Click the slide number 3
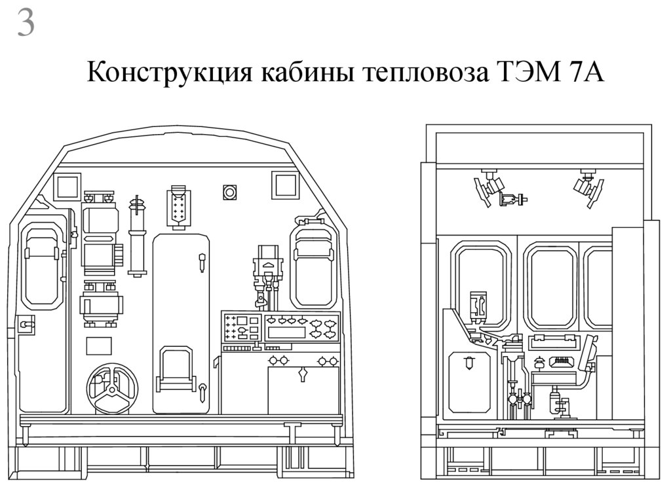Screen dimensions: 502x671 pyautogui.click(x=26, y=24)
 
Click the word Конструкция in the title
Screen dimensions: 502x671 pyautogui.click(x=170, y=73)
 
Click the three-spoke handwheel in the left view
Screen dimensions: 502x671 pyautogui.click(x=112, y=389)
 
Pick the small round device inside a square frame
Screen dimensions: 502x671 pyautogui.click(x=230, y=192)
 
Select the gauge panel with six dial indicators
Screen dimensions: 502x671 pyautogui.click(x=301, y=326)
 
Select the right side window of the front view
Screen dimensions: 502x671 pyautogui.click(x=313, y=265)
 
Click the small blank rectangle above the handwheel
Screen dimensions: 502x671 pyautogui.click(x=99, y=346)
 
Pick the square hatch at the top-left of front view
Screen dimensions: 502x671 pyautogui.click(x=67, y=186)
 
